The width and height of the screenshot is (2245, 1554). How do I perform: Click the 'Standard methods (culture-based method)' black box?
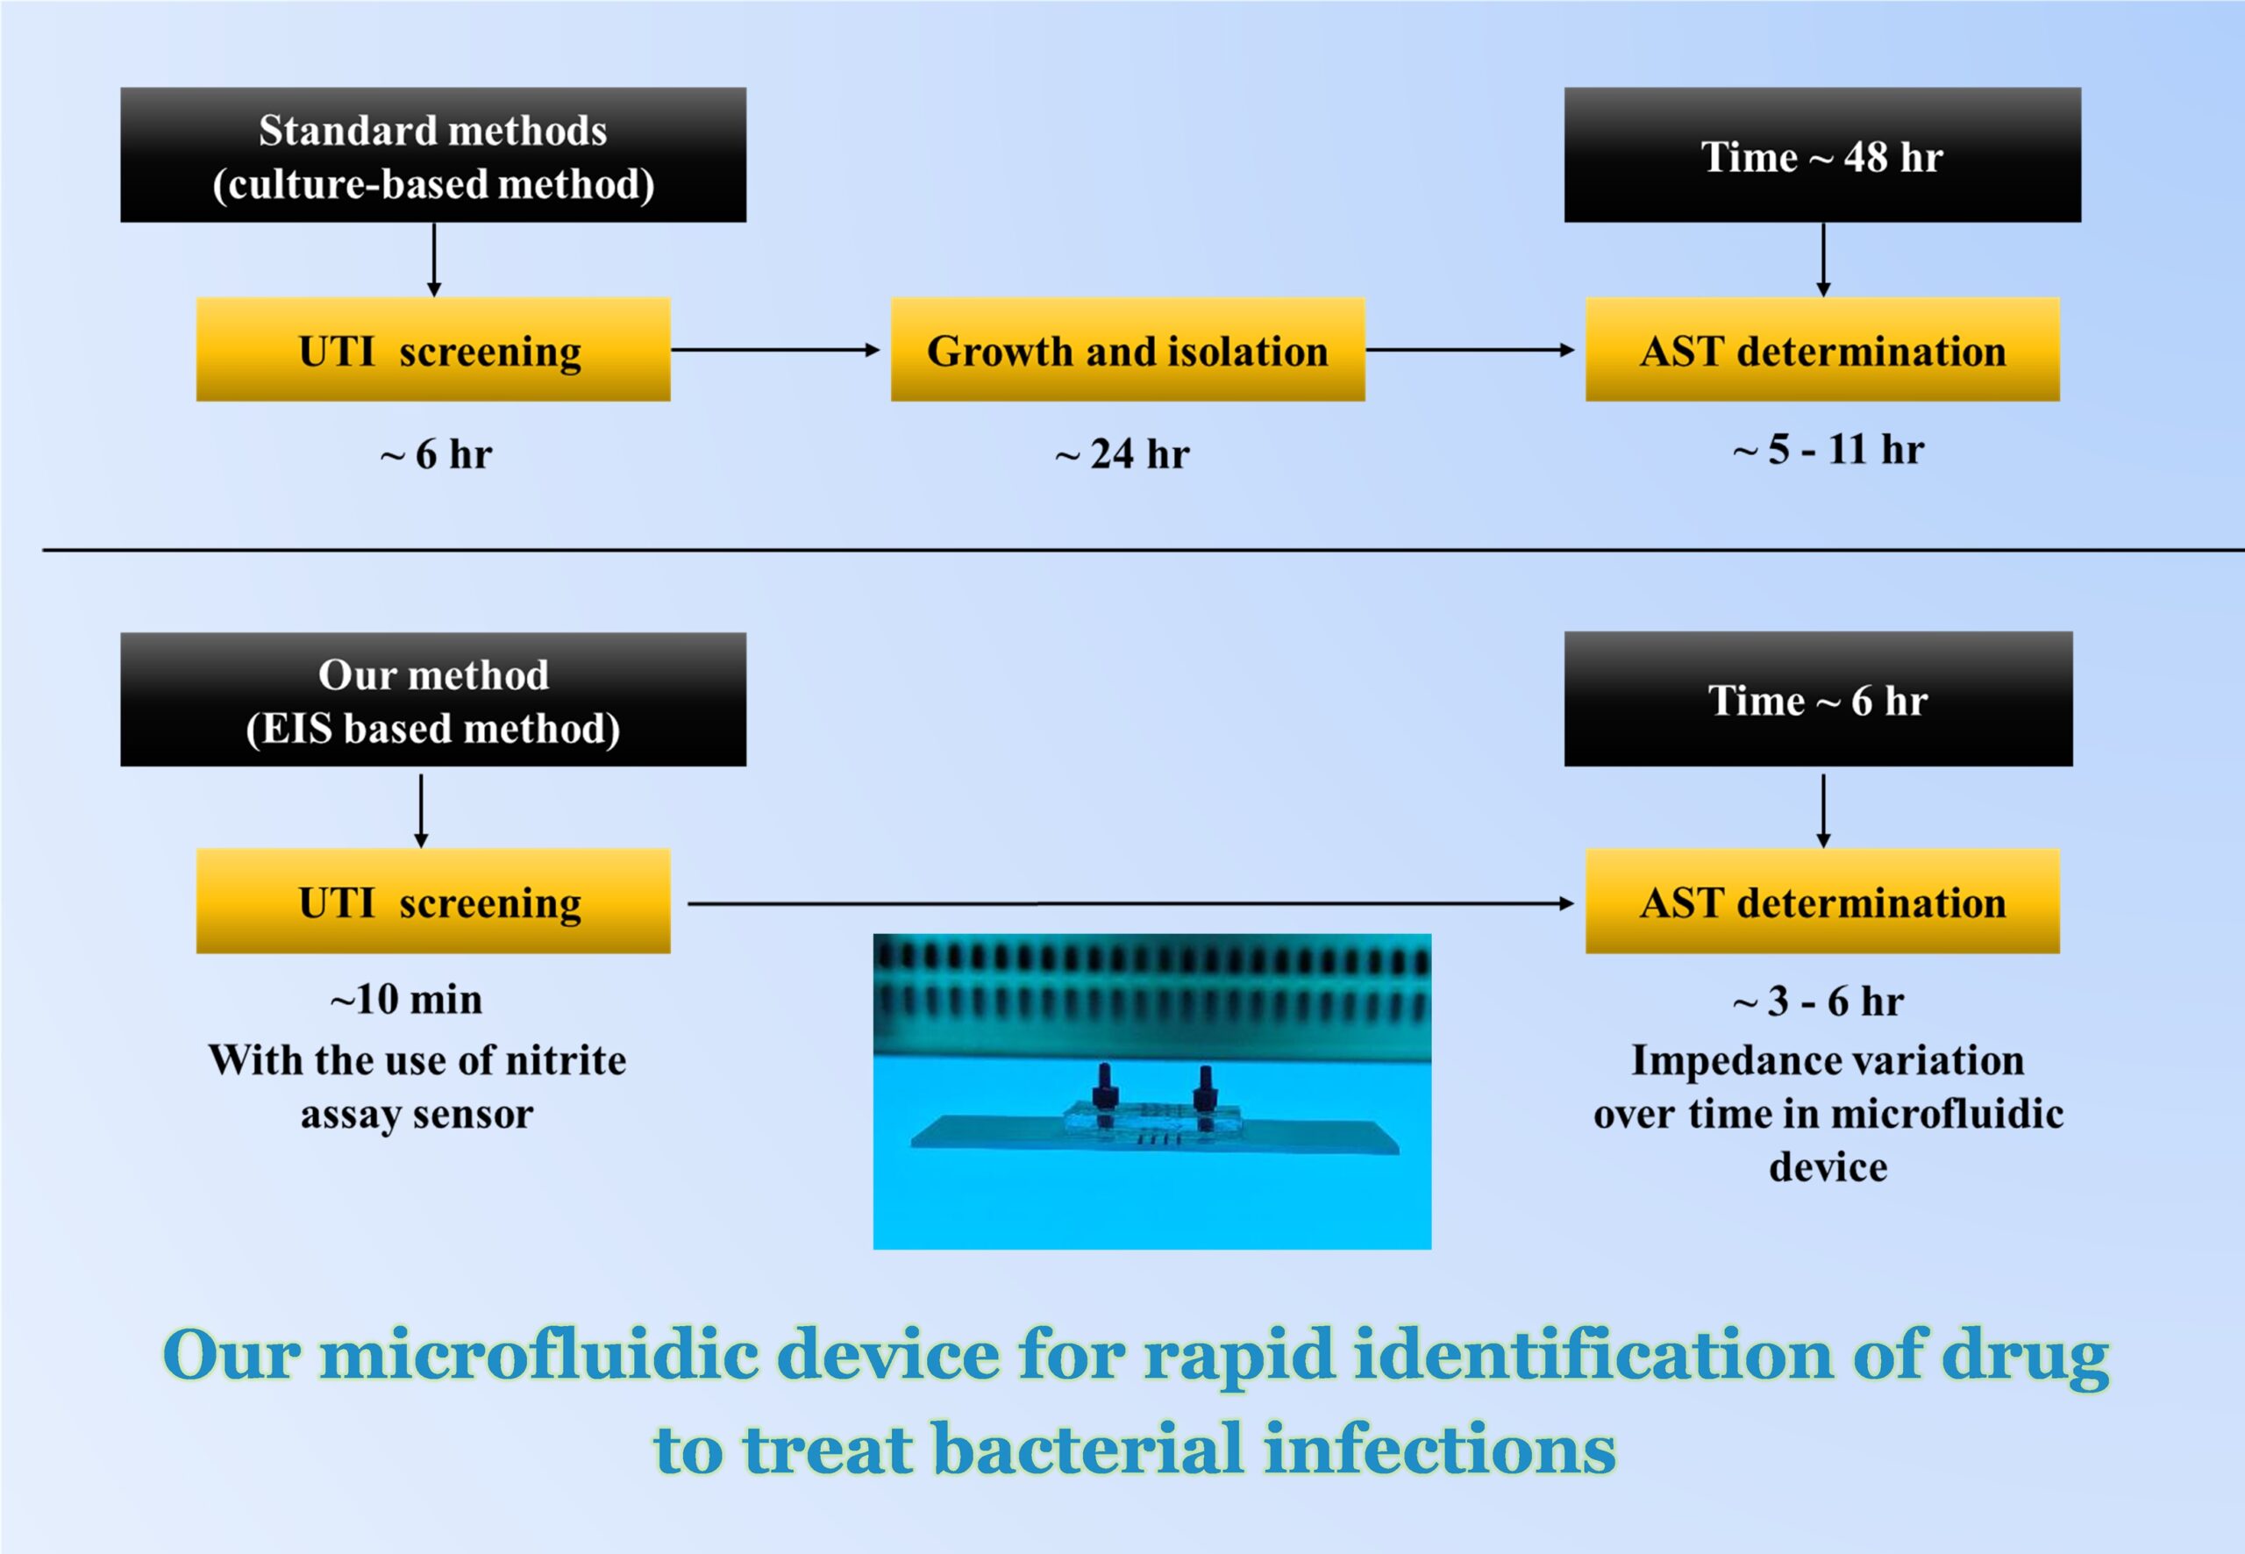coord(433,155)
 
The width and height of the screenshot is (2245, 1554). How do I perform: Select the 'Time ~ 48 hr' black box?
coord(1822,155)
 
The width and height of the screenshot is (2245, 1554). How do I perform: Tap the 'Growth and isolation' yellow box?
coord(1128,350)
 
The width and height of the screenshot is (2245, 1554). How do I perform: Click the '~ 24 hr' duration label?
coord(1122,454)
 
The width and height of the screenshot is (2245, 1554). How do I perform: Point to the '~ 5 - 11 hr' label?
coord(1828,450)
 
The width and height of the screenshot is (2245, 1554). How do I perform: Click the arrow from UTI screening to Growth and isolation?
coord(776,350)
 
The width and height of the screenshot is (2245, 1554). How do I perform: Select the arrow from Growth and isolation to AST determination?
coord(1470,350)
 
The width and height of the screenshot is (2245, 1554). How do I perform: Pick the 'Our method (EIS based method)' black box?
coord(433,699)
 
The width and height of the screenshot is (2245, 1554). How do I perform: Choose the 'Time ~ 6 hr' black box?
coord(1819,699)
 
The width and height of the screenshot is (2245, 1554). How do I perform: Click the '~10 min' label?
coord(407,999)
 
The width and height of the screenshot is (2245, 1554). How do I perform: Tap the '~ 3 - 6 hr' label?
coord(1819,1001)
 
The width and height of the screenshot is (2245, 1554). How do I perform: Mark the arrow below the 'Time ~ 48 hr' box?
coord(1823,259)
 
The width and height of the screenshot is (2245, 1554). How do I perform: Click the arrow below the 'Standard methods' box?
coord(434,259)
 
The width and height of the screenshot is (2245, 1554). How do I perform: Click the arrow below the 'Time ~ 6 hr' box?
coord(1823,810)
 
